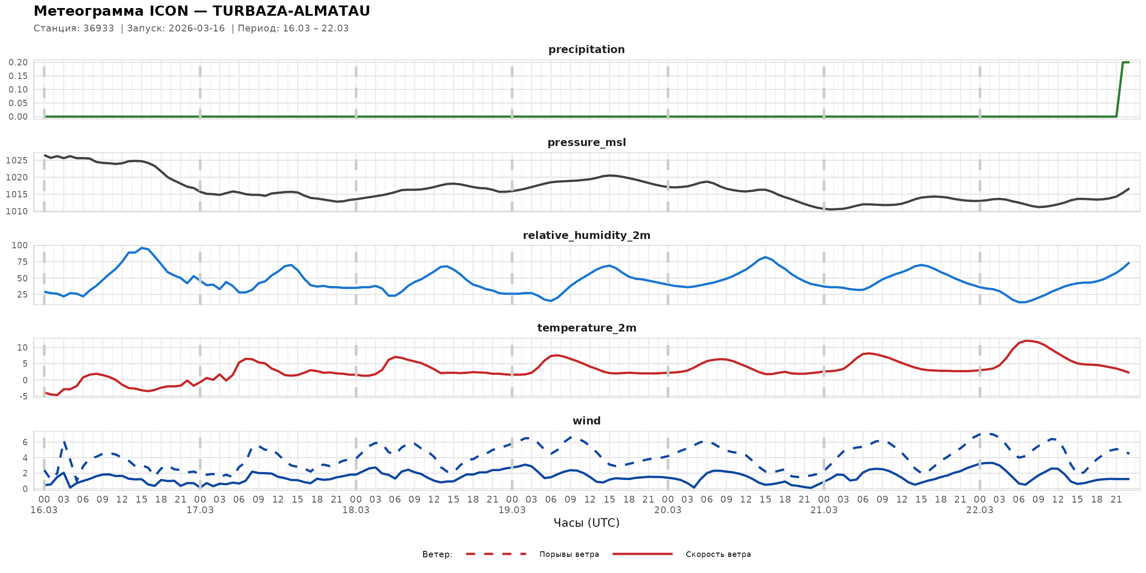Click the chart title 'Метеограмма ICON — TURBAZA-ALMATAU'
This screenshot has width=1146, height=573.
(x=202, y=11)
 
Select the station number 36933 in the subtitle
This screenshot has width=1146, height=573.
(x=98, y=28)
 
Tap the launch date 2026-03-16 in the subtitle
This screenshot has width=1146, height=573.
(x=197, y=28)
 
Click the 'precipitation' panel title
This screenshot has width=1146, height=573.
(x=586, y=49)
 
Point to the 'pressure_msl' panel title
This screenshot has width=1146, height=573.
(x=586, y=142)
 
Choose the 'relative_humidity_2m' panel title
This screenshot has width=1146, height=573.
(x=586, y=235)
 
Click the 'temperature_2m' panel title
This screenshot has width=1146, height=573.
(x=586, y=328)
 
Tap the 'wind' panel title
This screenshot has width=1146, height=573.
(x=586, y=421)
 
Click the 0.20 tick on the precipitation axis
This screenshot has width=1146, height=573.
(x=18, y=62)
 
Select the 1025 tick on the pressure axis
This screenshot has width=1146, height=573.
(x=17, y=160)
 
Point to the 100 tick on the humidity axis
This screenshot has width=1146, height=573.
(x=20, y=246)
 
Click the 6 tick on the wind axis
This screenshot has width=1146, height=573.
(x=25, y=442)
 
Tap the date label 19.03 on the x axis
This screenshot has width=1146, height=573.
(x=511, y=510)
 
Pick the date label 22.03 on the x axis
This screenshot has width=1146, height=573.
(x=979, y=510)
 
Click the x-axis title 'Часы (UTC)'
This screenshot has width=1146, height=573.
(x=586, y=523)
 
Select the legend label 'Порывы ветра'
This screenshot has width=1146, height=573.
(x=569, y=554)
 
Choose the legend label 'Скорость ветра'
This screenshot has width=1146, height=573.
(x=718, y=554)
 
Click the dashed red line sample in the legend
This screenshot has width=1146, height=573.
(x=496, y=554)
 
